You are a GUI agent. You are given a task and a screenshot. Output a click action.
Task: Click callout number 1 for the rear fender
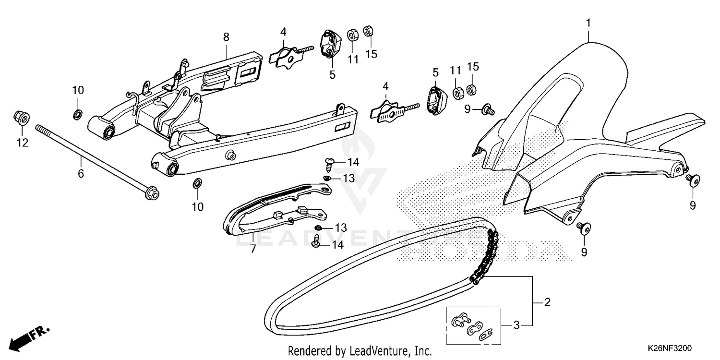tap(588, 22)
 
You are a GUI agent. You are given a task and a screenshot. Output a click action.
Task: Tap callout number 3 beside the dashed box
tap(516, 325)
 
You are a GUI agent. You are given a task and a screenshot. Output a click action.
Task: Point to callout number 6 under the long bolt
tap(81, 173)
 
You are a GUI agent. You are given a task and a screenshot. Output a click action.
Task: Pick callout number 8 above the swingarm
tap(226, 37)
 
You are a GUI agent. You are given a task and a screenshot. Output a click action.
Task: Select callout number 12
tap(23, 142)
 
